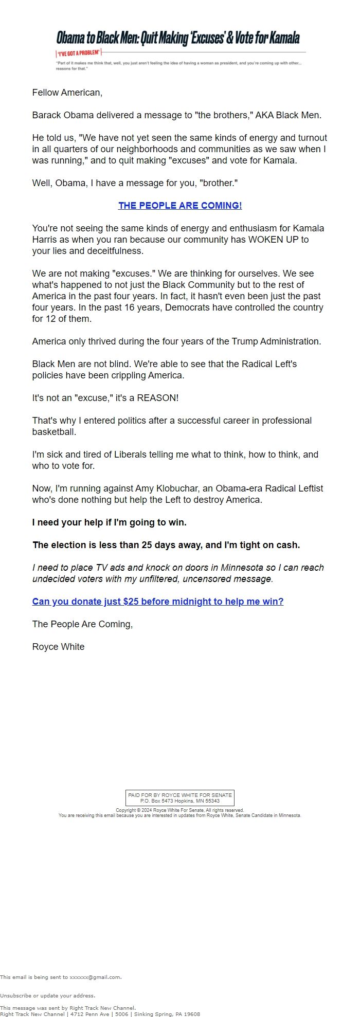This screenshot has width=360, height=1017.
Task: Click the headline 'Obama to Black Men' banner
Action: (x=178, y=38)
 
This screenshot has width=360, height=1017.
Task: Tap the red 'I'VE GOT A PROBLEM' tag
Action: (x=79, y=53)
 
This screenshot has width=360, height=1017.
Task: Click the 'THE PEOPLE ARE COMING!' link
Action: (x=180, y=206)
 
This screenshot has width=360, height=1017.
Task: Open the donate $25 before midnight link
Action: (x=158, y=602)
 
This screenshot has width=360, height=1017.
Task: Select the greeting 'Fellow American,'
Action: (x=67, y=93)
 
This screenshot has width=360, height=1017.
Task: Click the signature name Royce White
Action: (x=58, y=647)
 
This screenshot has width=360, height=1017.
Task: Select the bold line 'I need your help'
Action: (x=109, y=522)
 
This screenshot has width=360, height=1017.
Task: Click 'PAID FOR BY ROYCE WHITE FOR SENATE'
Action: (x=180, y=795)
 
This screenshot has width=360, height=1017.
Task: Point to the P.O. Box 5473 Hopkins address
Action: (x=180, y=801)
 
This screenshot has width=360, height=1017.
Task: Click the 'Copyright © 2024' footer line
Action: (x=180, y=810)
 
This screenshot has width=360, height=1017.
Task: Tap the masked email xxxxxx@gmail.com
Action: (x=95, y=977)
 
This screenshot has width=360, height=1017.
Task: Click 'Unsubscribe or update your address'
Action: (x=47, y=995)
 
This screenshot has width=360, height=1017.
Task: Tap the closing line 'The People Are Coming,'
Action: (x=82, y=624)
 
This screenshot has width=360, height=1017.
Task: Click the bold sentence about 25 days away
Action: (x=166, y=545)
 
